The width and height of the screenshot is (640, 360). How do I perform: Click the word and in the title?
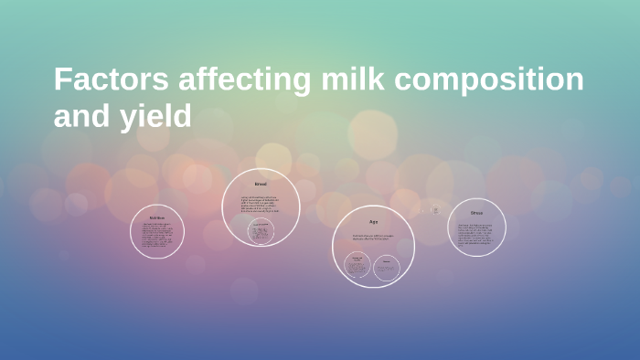pos(76,116)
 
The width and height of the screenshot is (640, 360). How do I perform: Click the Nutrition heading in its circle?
pos(157,217)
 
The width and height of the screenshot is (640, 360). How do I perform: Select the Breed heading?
pos(261,185)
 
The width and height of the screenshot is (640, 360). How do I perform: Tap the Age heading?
pos(373,222)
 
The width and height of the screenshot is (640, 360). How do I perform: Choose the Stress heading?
pos(476,213)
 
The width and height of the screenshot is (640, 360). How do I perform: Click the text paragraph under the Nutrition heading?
pos(157,236)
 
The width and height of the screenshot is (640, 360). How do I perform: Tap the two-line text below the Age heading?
pos(373,238)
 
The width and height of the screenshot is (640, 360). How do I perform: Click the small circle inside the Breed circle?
pos(261,232)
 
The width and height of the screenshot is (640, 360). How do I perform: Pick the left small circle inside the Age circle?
pos(357,267)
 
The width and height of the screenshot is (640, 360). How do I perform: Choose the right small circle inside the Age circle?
pos(387,267)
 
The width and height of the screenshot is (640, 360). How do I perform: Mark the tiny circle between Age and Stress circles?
pos(435,210)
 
